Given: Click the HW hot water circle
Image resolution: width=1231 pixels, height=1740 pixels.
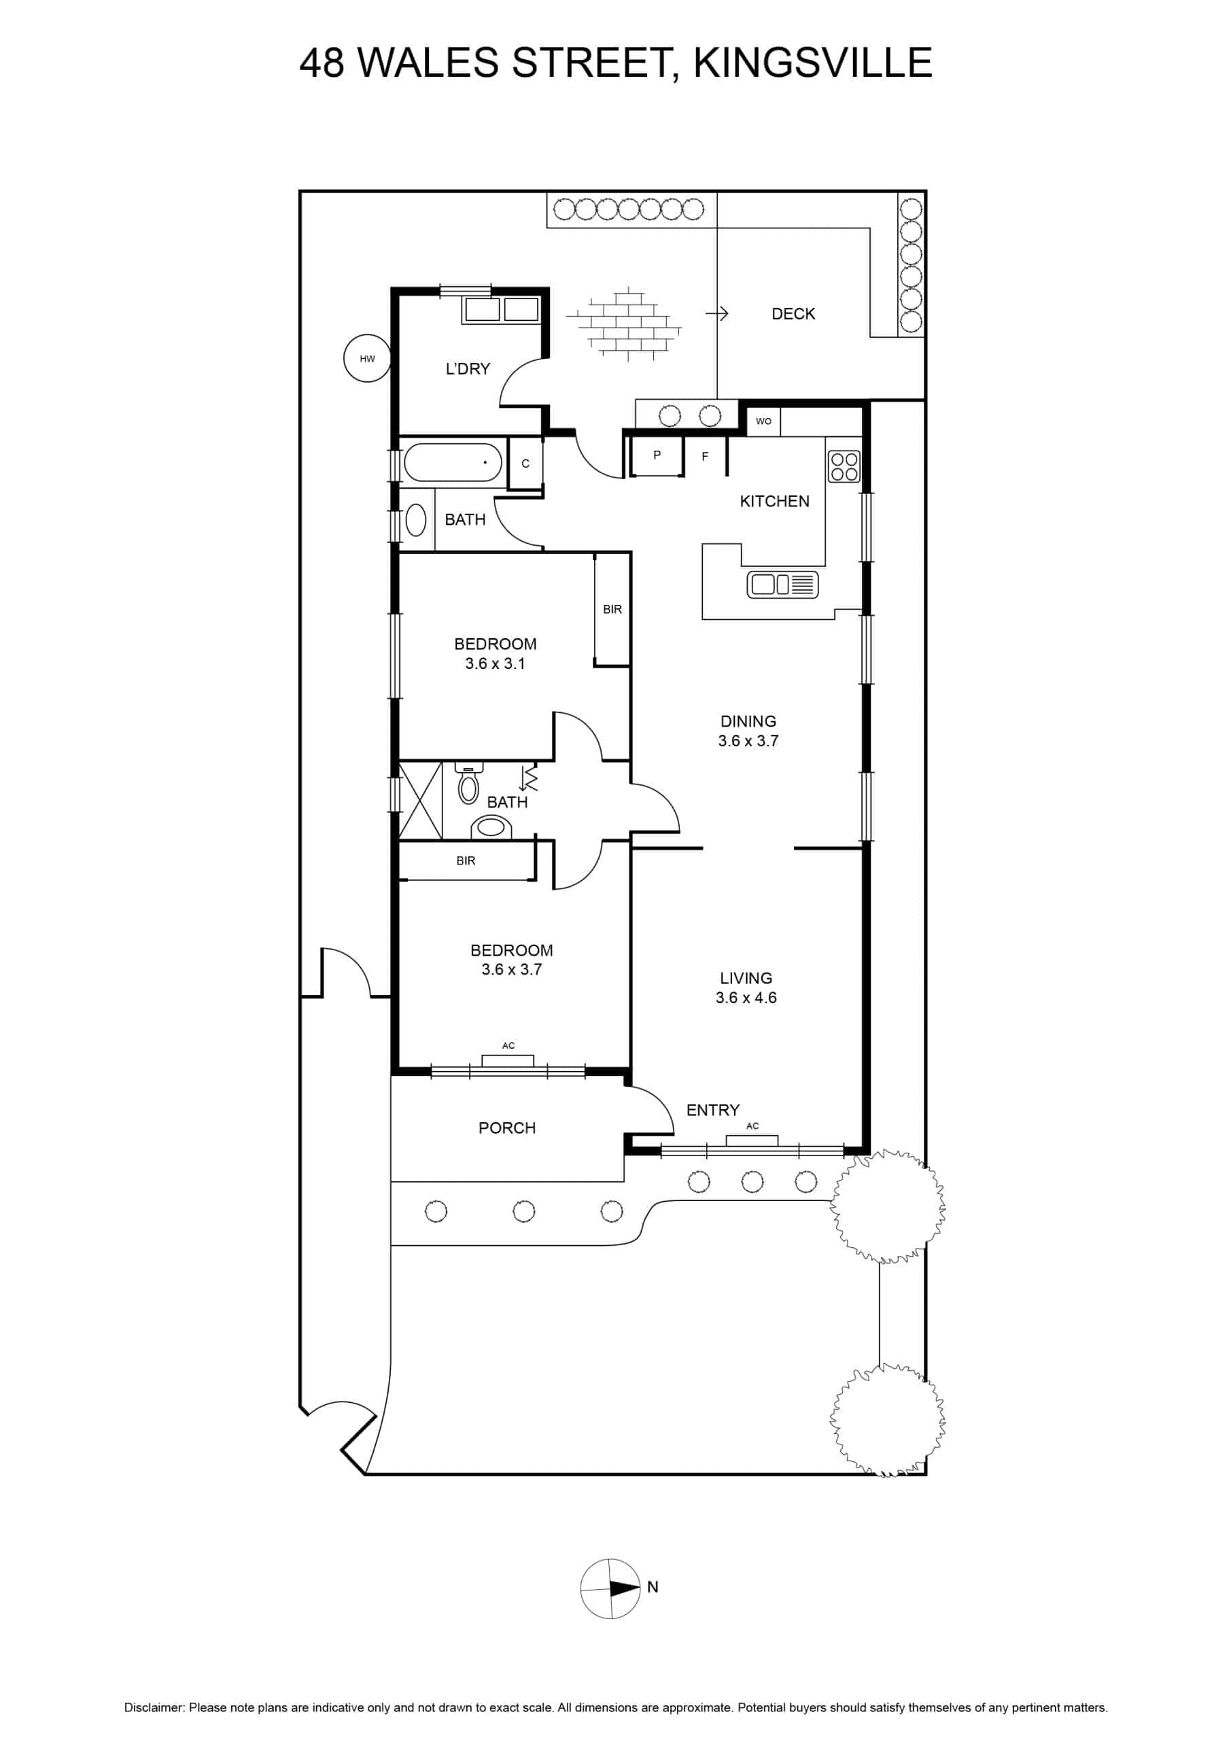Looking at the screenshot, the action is click(368, 358).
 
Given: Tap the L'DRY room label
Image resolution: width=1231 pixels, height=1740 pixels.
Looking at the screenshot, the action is click(468, 369).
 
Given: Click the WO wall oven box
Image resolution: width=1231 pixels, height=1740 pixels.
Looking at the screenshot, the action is click(763, 421).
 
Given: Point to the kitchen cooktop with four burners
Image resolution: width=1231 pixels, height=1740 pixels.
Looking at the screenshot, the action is click(844, 467).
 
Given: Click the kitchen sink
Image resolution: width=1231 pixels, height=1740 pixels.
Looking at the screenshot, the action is click(783, 585).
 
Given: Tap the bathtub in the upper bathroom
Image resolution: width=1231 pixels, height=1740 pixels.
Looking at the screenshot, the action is click(453, 462).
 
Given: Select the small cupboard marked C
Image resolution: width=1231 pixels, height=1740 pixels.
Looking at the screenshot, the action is click(525, 464).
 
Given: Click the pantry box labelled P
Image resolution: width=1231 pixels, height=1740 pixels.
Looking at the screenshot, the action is click(657, 455).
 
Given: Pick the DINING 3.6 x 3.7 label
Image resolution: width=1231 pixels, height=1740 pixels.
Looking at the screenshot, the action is click(748, 731).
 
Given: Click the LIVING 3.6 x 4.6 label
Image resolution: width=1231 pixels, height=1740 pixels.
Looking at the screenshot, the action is click(746, 988).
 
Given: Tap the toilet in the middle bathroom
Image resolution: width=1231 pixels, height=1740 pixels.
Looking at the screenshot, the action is click(468, 784).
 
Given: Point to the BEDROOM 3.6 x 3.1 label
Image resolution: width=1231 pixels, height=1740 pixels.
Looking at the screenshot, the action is click(495, 654).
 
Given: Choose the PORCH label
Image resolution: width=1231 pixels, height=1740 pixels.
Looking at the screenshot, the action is click(507, 1128).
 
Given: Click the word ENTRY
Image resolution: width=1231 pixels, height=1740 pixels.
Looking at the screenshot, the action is click(712, 1110).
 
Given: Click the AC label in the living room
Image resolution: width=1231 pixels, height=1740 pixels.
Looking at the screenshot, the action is click(752, 1126).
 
